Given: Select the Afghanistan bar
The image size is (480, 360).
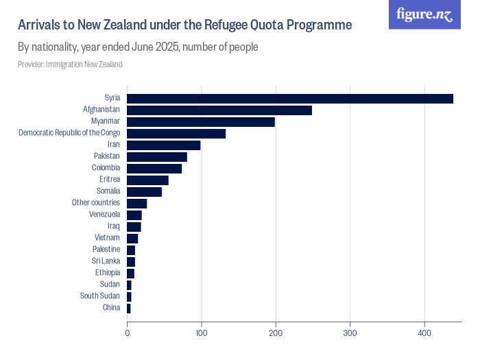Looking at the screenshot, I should coord(219,110).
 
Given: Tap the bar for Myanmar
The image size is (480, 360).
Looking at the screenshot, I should coord(201,122).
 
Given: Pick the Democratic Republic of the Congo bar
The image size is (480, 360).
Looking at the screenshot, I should coord(176,134).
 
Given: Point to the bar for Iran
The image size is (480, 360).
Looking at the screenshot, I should coord(164,145).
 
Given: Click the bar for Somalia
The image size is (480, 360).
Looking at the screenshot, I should coord(144,191).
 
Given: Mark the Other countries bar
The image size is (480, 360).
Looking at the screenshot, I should coord(136,203).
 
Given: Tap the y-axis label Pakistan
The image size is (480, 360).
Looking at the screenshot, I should coord(107,156).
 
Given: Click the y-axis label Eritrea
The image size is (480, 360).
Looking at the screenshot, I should coord(110,180).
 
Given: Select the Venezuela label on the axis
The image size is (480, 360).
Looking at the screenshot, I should coord(105,215).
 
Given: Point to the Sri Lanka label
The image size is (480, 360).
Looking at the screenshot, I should coord(106,261).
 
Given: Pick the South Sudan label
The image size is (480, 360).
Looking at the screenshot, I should coord(100,296).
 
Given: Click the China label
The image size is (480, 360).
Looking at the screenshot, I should coord(111,307).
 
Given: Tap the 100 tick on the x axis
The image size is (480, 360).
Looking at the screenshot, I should coord(201,333).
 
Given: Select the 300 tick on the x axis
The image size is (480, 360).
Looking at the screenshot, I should coord(350,333).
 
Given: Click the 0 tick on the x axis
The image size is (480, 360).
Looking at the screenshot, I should coord(127,333).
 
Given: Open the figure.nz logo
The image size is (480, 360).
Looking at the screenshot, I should coord(424,14).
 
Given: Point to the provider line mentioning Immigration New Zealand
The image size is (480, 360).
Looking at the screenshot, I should coord(70,64).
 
